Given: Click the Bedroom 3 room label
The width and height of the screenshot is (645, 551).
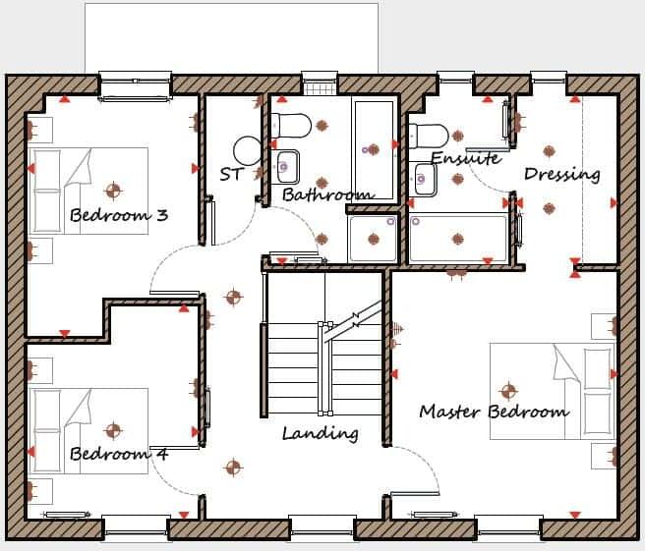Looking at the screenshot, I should coord(118,215).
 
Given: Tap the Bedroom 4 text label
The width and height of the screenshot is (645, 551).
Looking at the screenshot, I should coord(118,454).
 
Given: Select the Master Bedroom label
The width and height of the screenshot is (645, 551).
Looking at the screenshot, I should coord(494,411).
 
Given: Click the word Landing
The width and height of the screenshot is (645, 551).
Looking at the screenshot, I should coord(320,432).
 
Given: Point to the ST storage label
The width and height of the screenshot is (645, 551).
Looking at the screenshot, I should coord(231,175).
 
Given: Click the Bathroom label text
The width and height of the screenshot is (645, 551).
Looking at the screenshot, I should coord(327,194).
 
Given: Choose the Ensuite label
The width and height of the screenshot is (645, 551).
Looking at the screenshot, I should coord(465,158).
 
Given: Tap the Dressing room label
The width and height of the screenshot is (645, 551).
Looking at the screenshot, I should coord(561,174).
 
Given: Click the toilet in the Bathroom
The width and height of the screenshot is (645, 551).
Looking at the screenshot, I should coord(292,125).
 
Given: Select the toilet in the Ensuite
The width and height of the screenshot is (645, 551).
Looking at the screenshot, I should coord(429,134).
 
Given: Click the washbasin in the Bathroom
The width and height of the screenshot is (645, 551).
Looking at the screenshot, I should coord(287,167).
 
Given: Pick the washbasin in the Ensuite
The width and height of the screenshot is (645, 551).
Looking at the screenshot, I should coord(425,180).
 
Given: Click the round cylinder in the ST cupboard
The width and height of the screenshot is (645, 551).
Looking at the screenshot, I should coord(248,150).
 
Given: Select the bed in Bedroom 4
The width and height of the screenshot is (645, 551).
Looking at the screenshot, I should coord(88,430).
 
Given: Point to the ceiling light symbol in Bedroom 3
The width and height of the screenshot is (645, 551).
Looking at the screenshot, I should coord(114,190).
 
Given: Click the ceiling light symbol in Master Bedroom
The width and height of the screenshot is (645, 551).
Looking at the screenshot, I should coord(507,389).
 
